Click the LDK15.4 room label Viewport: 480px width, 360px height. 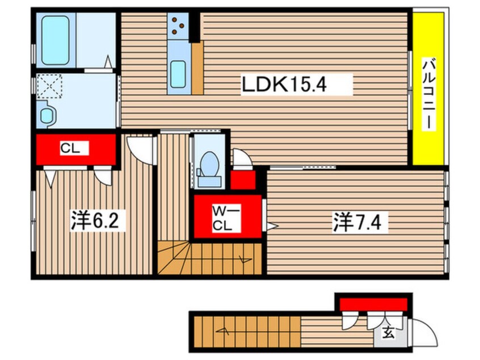tap(285, 84)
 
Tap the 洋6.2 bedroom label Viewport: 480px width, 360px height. tap(95, 220)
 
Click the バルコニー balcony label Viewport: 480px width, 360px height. tap(428, 94)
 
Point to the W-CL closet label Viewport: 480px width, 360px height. tap(226, 218)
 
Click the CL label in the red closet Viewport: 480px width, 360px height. tap(70, 149)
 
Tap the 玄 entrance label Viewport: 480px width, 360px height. tap(389, 333)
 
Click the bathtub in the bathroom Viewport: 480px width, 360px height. tap(56, 40)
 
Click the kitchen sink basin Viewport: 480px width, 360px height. tap(178, 74)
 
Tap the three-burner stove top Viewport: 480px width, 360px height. tap(178, 26)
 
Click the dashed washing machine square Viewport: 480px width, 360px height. tap(49, 86)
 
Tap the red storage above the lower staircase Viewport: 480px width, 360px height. tap(373, 304)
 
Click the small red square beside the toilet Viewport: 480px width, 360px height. tap(243, 180)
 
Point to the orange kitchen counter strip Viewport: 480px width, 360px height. tap(197, 68)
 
